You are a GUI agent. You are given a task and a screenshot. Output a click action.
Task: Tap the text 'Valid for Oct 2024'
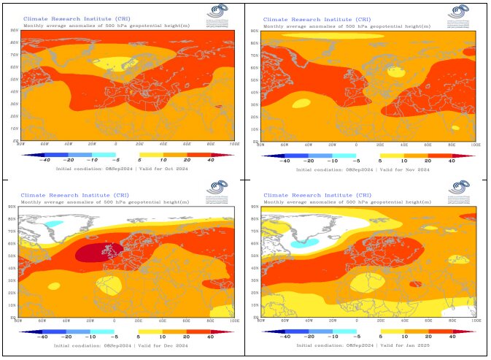coord(163,169)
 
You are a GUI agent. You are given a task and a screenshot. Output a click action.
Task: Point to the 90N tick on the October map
coord(14,31)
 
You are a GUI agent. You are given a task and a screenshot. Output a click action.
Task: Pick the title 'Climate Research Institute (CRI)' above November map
coord(306,20)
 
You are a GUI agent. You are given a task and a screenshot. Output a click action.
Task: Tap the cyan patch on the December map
coord(55,223)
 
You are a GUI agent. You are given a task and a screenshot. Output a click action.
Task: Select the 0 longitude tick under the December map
coord(114,321)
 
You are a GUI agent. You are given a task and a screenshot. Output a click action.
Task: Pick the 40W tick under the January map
coord(309,321)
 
